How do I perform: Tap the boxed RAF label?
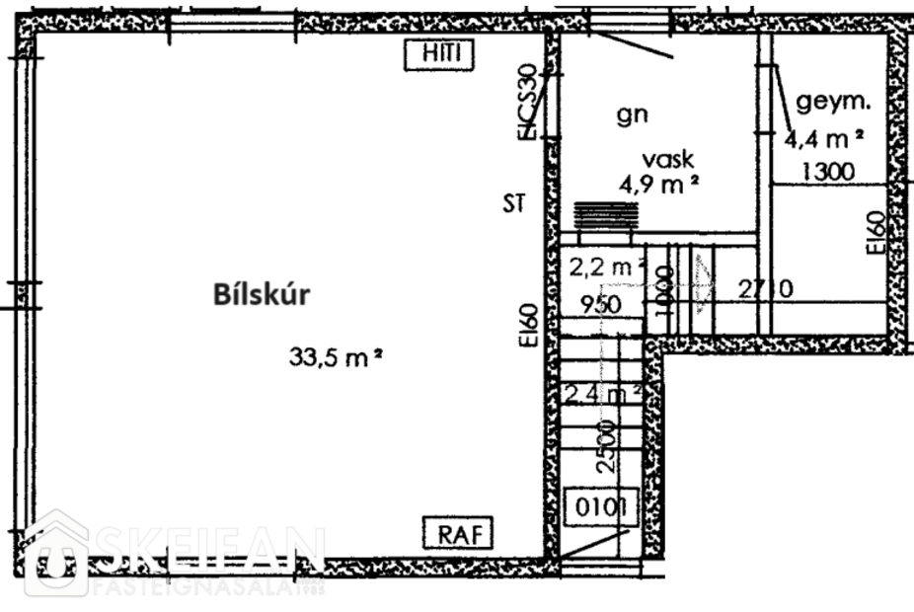pyautogui.click(x=456, y=534)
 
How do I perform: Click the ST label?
pyautogui.click(x=512, y=204)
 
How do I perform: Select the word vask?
pyautogui.click(x=669, y=158)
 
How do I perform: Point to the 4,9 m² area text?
pyautogui.click(x=660, y=183)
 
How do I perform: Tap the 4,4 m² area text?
pyautogui.click(x=825, y=137)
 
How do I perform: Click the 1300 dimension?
pyautogui.click(x=827, y=171)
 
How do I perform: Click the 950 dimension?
pyautogui.click(x=601, y=304)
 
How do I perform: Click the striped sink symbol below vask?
pyautogui.click(x=605, y=214)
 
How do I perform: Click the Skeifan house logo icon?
pyautogui.click(x=57, y=554)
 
